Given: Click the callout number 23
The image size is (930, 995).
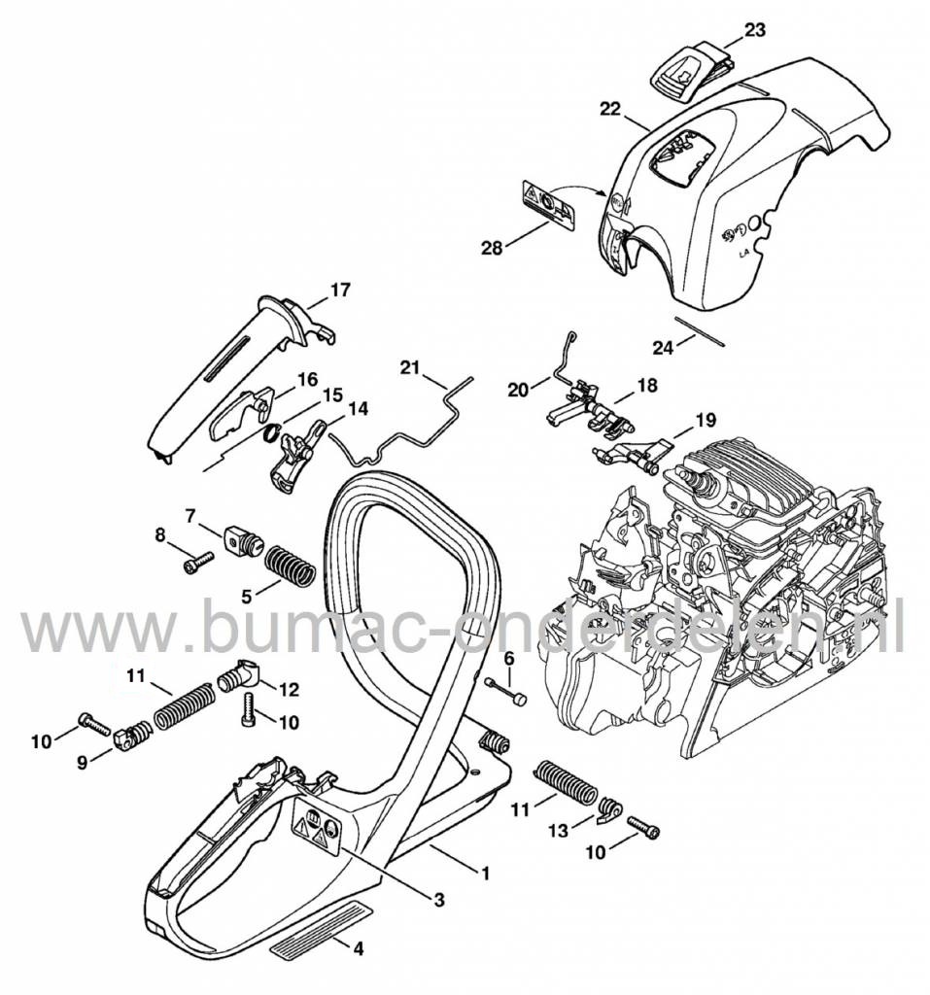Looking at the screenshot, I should [755, 30].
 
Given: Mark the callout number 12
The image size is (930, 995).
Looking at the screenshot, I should [289, 689].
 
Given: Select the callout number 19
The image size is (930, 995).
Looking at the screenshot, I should [705, 394].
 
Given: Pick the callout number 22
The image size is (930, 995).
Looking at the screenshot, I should [609, 110].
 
